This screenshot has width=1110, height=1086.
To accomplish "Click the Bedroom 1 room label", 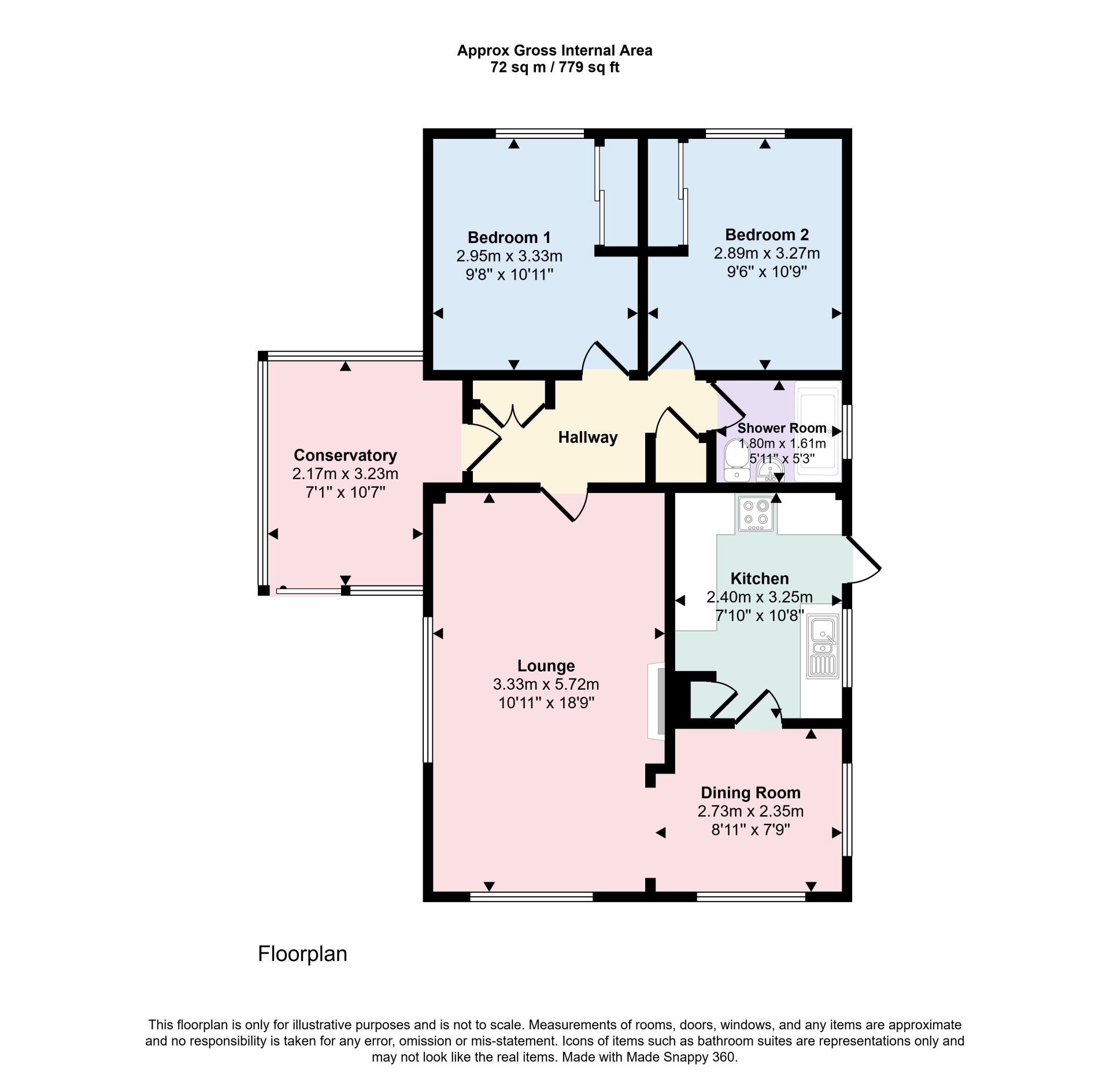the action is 509,237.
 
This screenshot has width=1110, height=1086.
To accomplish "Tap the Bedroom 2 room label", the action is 767,234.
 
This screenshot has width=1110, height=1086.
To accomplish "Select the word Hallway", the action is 587,437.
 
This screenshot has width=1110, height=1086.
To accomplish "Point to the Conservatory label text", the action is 345,455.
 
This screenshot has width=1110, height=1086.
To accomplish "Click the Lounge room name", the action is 546,665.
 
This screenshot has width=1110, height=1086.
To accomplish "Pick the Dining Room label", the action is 750,793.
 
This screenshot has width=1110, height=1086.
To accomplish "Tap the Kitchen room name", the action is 760,579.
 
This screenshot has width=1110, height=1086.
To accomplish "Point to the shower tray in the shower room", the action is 817,430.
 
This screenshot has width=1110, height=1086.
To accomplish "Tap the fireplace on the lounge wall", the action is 656,701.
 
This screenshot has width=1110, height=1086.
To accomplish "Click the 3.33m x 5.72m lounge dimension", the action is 546,684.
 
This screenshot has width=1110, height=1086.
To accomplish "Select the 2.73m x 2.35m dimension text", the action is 750,811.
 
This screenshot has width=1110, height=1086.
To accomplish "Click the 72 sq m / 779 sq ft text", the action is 554,67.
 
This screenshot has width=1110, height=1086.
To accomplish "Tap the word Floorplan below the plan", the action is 302,954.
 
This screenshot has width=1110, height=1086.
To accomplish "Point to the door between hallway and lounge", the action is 565,503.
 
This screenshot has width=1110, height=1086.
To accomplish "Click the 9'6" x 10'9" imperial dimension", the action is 767,271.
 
